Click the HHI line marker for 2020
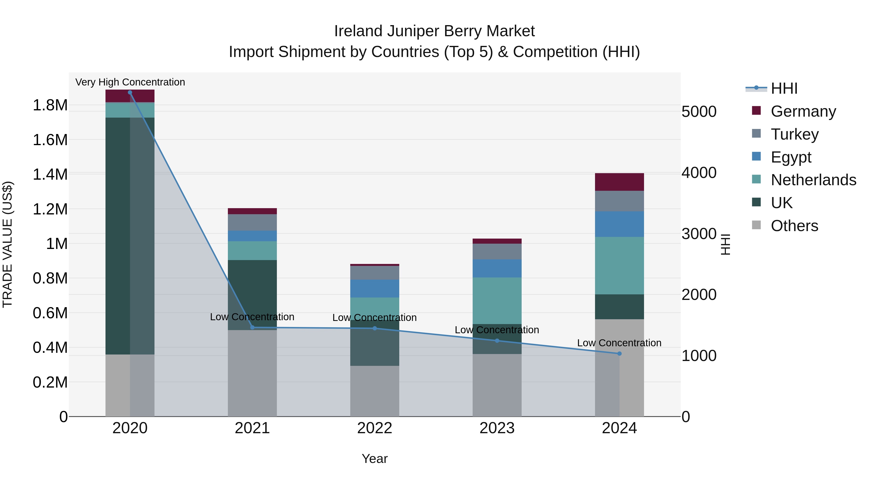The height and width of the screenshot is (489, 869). [130, 92]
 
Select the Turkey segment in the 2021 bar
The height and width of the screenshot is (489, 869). [252, 222]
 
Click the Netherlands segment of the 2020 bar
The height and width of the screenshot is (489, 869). [130, 110]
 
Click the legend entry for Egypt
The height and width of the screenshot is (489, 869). [790, 157]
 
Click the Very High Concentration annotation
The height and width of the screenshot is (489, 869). [130, 82]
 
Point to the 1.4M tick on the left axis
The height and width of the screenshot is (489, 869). [50, 175]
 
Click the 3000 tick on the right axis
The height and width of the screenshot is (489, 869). [699, 234]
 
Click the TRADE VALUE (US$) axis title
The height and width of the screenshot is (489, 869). [7, 244]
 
